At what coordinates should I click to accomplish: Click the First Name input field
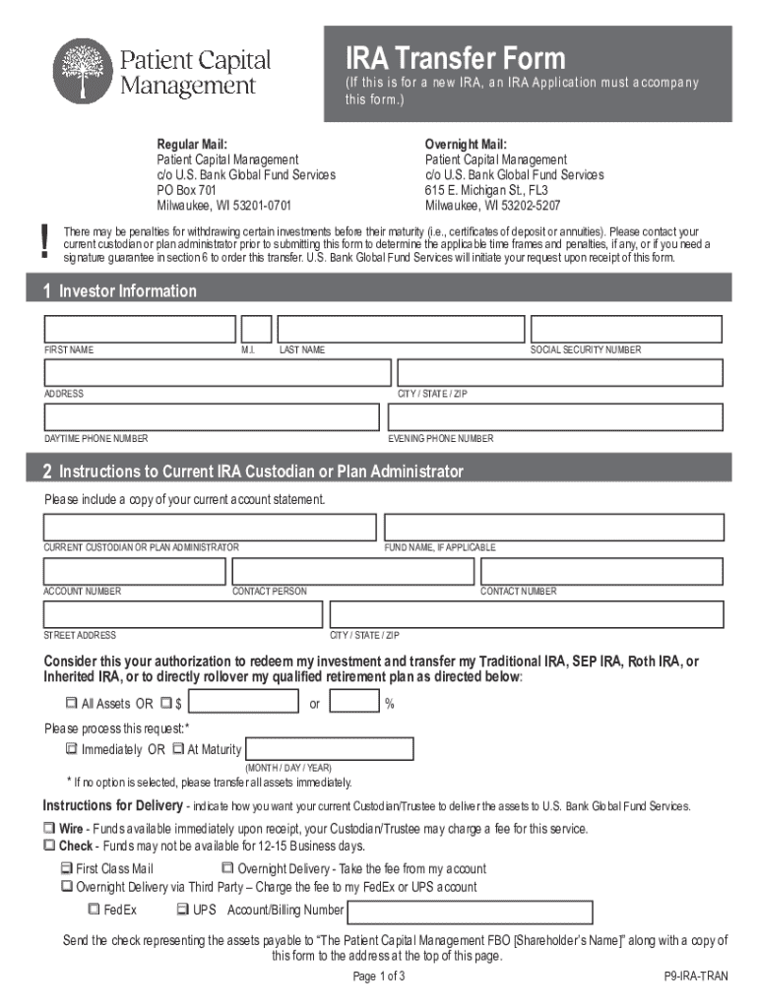coord(140,329)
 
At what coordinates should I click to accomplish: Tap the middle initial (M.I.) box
coord(256,329)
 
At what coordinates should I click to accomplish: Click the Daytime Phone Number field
coord(211,417)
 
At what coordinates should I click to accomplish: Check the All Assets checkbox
coord(71,704)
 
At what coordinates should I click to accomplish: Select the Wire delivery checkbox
coord(49,829)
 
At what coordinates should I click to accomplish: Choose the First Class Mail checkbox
coord(66,869)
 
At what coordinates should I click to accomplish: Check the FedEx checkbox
coord(95,910)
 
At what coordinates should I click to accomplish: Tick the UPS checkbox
coord(182,910)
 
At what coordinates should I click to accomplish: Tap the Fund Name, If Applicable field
coord(554,527)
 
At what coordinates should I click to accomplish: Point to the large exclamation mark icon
coord(45,241)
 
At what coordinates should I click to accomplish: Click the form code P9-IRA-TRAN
coord(695,978)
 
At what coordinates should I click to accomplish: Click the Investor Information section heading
coord(128,291)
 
